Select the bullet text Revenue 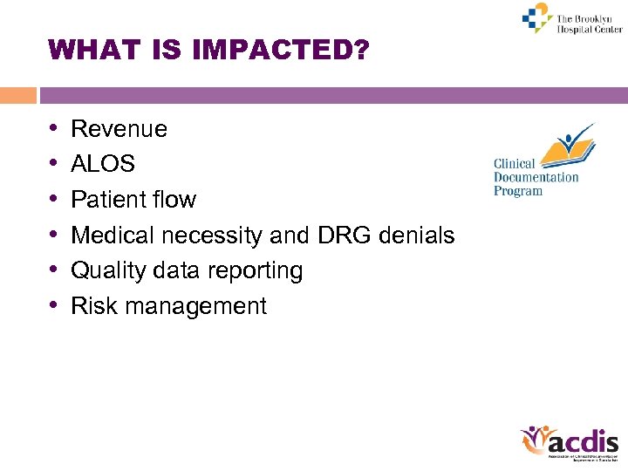[x=119, y=129]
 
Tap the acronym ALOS [x=103, y=164]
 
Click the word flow [x=174, y=200]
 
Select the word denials [x=420, y=235]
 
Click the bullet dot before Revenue [x=54, y=129]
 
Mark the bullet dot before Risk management [x=54, y=306]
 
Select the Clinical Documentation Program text [x=536, y=178]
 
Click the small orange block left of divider [x=18, y=95]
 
